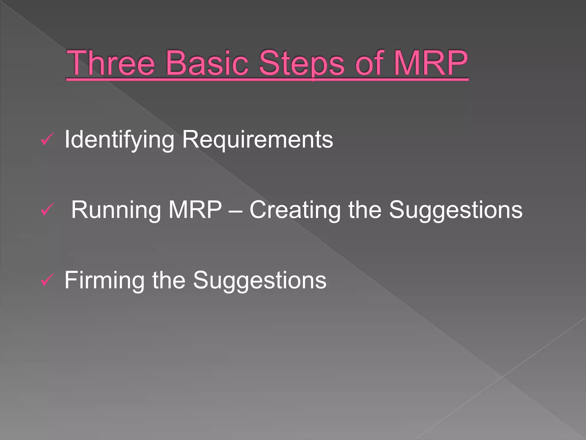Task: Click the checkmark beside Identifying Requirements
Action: coord(47,140)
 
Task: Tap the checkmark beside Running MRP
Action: coord(47,210)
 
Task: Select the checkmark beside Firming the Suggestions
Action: coord(47,280)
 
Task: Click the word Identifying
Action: coord(119,140)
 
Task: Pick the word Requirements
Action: coord(258,140)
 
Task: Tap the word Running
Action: coord(116,210)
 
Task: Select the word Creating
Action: coord(295,210)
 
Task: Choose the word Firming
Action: coord(104,280)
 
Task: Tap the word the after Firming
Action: coord(169,280)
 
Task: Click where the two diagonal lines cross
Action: coord(502,377)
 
